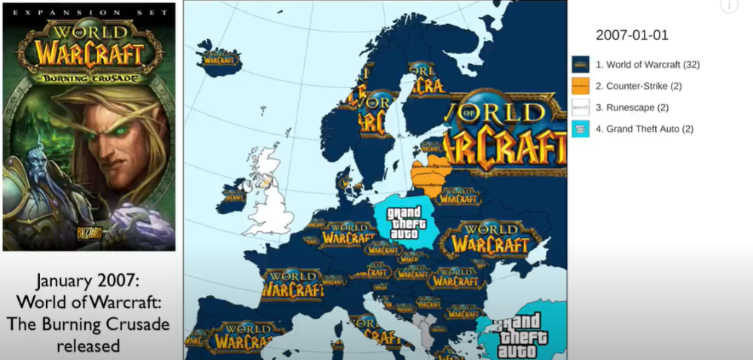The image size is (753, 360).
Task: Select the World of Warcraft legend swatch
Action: click(580, 65)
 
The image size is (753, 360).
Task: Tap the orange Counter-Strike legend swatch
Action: click(580, 86)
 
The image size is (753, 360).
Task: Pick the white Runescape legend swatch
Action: click(580, 108)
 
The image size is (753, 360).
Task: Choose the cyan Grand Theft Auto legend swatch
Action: click(580, 129)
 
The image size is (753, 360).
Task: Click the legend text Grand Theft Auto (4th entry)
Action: click(644, 129)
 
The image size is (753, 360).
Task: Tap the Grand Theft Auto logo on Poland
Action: click(404, 223)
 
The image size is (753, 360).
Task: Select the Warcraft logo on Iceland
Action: click(218, 59)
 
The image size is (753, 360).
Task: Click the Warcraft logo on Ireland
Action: click(233, 195)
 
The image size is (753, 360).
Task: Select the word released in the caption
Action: click(90, 346)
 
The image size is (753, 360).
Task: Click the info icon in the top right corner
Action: click(728, 6)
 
